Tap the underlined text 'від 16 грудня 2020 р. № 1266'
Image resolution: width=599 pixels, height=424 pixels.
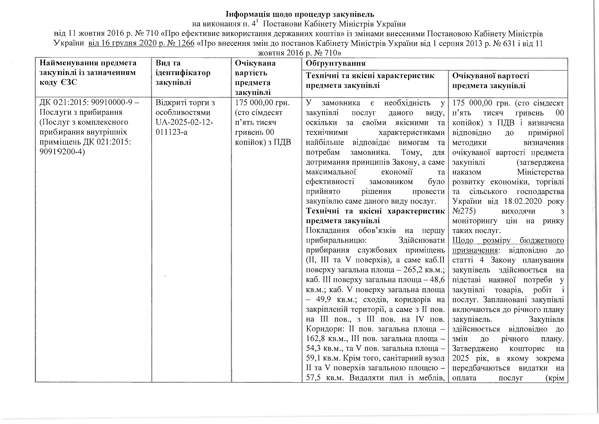(x=141, y=44)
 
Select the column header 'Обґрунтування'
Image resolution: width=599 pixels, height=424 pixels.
(x=335, y=64)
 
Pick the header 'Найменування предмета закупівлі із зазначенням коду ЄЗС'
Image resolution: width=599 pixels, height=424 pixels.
(x=88, y=73)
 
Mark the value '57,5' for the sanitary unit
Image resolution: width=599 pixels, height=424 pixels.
(x=314, y=378)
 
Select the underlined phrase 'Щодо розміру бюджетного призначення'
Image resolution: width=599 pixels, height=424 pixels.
(x=508, y=245)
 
